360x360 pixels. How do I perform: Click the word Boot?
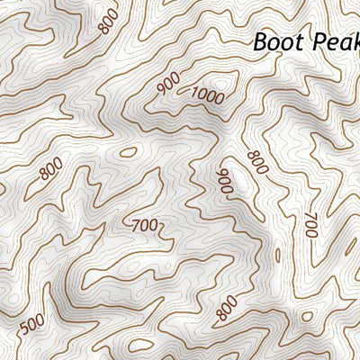coord(276,41)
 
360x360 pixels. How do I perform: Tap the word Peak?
coord(335,42)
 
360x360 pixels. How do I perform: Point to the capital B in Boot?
coord(259,41)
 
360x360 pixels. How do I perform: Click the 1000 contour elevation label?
coord(208,94)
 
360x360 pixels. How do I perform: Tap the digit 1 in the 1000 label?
coord(195,90)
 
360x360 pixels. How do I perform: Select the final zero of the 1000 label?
coord(220,99)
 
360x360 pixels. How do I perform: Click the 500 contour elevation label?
coord(31,322)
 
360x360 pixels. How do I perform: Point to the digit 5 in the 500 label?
coord(24,326)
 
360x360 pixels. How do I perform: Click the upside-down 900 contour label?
coord(224,180)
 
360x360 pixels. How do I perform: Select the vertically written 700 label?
coord(311,225)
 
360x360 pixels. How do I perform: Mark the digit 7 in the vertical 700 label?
coord(310,216)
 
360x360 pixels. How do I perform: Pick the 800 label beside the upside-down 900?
coord(257,162)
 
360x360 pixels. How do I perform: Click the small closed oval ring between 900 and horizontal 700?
coord(129,152)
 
